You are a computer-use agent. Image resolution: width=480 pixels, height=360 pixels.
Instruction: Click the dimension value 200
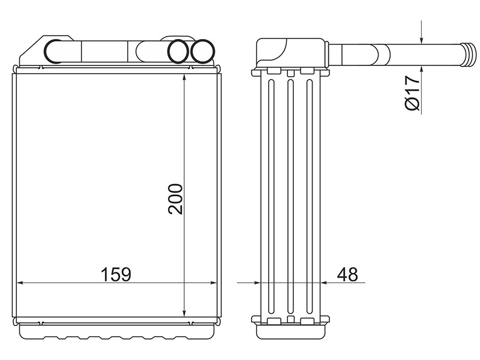click(x=175, y=199)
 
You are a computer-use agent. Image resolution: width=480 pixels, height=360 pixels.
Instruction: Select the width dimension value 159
click(x=116, y=274)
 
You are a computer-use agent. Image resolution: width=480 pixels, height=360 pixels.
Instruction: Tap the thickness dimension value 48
click(x=347, y=274)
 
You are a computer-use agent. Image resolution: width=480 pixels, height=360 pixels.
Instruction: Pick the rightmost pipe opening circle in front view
click(x=203, y=52)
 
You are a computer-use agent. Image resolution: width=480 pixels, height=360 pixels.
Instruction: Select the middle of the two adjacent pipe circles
click(x=178, y=52)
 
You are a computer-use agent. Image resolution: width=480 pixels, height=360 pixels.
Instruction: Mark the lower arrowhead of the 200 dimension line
click(x=184, y=313)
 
